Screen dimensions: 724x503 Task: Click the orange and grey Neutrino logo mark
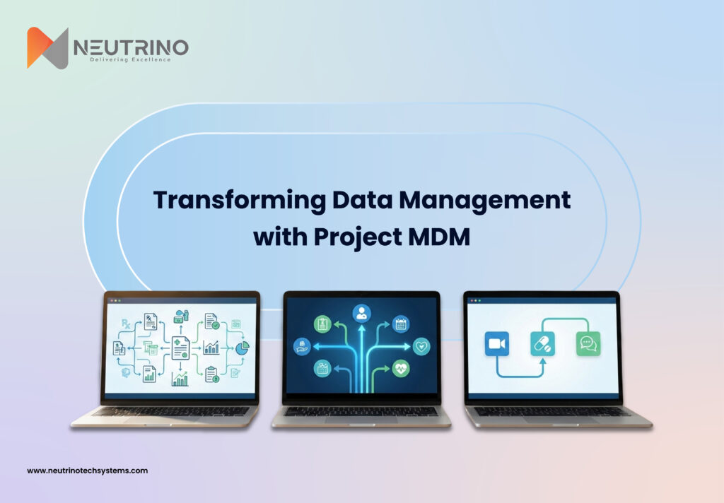point(47,48)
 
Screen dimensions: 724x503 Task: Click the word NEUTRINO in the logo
point(131,47)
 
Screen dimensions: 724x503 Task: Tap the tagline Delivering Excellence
point(130,59)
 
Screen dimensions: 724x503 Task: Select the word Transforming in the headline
point(239,201)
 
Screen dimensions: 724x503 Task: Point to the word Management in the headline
point(485,201)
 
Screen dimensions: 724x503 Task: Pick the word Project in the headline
point(358,237)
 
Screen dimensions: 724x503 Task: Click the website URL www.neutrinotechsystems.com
point(87,471)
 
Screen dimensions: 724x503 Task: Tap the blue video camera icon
point(497,344)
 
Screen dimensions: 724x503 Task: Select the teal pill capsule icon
point(542,344)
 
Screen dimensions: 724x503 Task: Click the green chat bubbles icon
point(588,344)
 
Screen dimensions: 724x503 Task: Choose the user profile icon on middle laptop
point(361,314)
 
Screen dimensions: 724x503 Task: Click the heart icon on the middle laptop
point(421,346)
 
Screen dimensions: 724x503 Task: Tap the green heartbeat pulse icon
point(401,368)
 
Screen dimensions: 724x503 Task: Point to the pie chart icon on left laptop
point(242,348)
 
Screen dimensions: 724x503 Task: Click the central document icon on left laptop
point(180,348)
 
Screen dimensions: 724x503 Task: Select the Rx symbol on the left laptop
point(126,324)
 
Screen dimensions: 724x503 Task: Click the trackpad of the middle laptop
point(361,420)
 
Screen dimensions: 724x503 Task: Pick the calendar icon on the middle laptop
point(400,324)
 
